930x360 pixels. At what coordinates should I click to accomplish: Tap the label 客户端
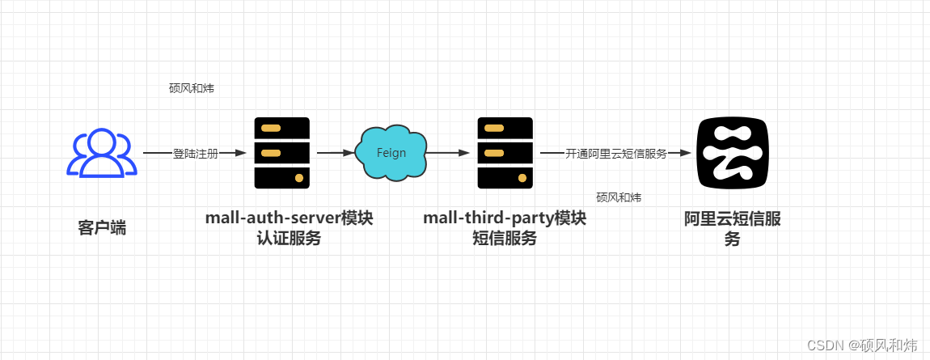coord(102,227)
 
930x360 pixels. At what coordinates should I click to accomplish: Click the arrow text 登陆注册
coord(195,153)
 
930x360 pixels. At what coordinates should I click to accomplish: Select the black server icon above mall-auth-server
coord(281,153)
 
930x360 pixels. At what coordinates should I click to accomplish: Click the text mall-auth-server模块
coord(289,218)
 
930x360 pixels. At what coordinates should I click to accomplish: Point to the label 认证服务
coord(289,238)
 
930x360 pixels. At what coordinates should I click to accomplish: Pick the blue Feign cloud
coord(391,152)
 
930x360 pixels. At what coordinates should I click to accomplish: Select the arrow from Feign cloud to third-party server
coord(450,152)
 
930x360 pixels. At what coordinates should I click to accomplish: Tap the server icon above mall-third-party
coord(505,153)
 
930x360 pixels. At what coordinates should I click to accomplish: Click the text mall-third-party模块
coord(505,218)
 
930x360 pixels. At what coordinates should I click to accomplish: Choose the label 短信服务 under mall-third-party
coord(505,238)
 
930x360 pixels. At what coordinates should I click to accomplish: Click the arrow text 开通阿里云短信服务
coord(615,153)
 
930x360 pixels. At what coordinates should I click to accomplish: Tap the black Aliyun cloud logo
coord(732,152)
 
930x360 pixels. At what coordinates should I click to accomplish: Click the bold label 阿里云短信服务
coord(732,228)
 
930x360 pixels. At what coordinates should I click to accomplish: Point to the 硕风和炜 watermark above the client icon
coord(192,88)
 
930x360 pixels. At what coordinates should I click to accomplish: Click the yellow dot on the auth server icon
coord(299,177)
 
